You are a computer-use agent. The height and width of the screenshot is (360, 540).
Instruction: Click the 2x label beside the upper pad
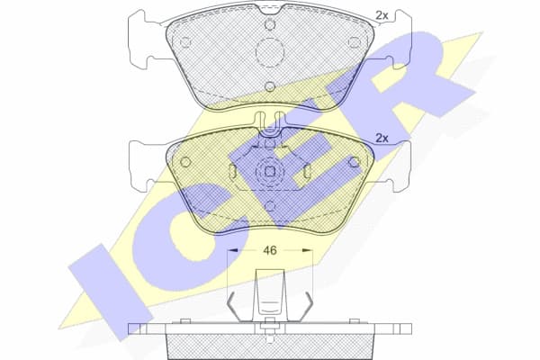tap(381, 15)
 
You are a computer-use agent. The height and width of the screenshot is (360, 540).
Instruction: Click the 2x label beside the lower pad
tap(381, 138)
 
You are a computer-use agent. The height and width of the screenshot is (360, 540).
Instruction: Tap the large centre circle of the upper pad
tap(269, 55)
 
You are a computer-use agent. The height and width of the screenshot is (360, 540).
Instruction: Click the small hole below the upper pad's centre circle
tap(269, 86)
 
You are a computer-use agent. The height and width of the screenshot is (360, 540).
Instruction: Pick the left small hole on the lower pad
tap(185, 163)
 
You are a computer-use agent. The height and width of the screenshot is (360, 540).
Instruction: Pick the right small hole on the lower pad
tap(353, 163)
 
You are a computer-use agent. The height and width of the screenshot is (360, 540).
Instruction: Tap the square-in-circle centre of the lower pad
tap(269, 170)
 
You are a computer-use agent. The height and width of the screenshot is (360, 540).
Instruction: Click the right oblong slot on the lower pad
tap(307, 171)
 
